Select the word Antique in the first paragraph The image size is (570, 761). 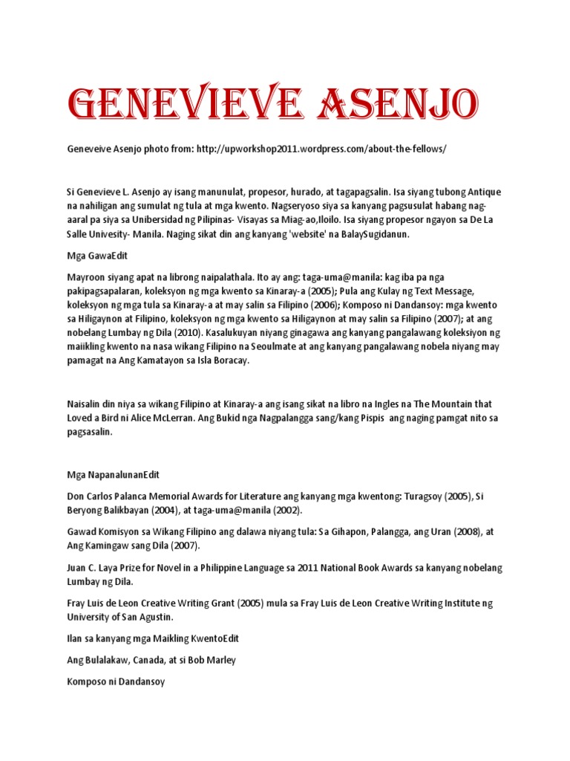pyautogui.click(x=482, y=192)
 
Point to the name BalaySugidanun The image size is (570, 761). pyautogui.click(x=377, y=233)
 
